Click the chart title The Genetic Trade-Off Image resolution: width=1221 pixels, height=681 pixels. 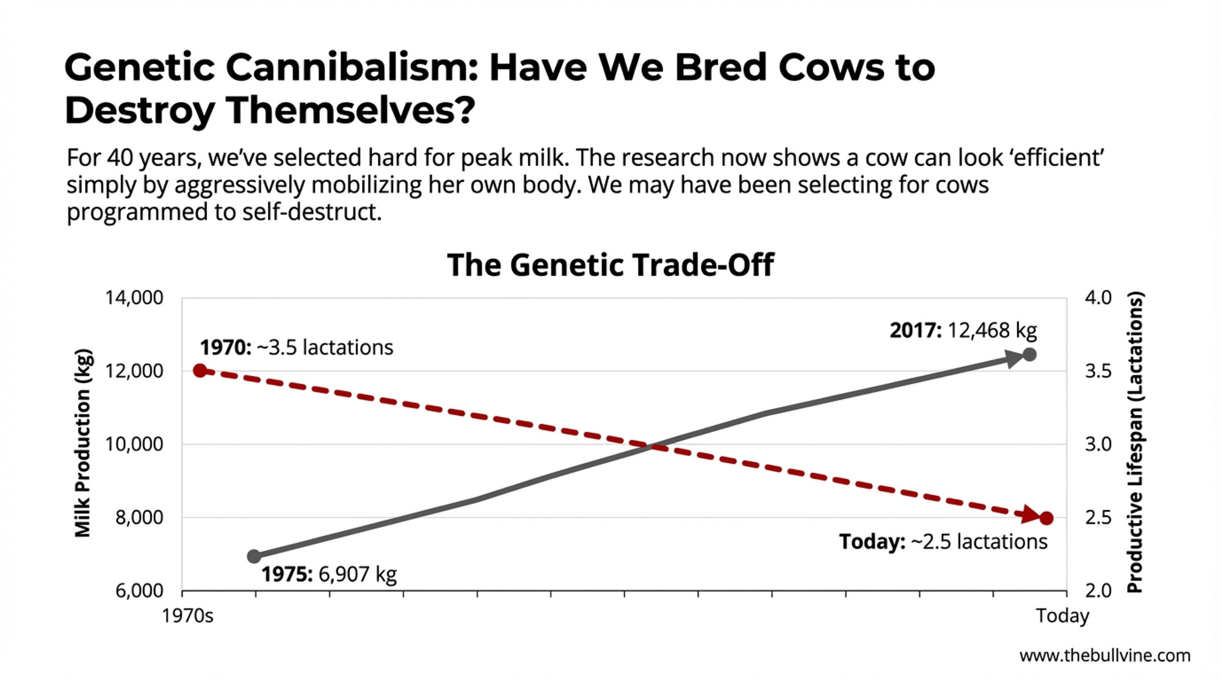click(610, 265)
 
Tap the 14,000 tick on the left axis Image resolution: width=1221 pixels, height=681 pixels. click(134, 298)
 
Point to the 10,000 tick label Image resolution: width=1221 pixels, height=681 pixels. click(134, 444)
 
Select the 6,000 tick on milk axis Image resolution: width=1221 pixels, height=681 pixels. click(139, 591)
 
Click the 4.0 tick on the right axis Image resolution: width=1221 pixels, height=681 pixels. click(1098, 298)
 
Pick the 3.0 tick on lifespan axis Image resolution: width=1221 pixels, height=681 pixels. click(1098, 444)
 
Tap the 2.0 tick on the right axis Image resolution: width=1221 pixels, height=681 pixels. click(1098, 591)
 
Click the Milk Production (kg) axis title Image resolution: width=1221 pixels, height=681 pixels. click(83, 443)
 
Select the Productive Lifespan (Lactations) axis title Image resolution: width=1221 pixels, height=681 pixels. click(1135, 443)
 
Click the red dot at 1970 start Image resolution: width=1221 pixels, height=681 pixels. click(200, 370)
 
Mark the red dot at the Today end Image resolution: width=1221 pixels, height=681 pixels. click(1046, 518)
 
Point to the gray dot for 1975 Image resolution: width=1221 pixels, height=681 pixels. click(255, 556)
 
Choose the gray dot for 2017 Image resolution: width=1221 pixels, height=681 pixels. click(1029, 355)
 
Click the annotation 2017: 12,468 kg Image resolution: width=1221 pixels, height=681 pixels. click(963, 331)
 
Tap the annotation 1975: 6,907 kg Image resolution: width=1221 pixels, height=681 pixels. click(329, 574)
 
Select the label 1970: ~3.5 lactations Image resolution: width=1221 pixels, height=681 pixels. click(297, 348)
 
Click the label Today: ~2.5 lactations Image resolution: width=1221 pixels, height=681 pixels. click(943, 542)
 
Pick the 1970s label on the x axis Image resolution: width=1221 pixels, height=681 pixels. click(187, 616)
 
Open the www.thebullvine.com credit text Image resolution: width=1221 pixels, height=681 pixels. click(1104, 656)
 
